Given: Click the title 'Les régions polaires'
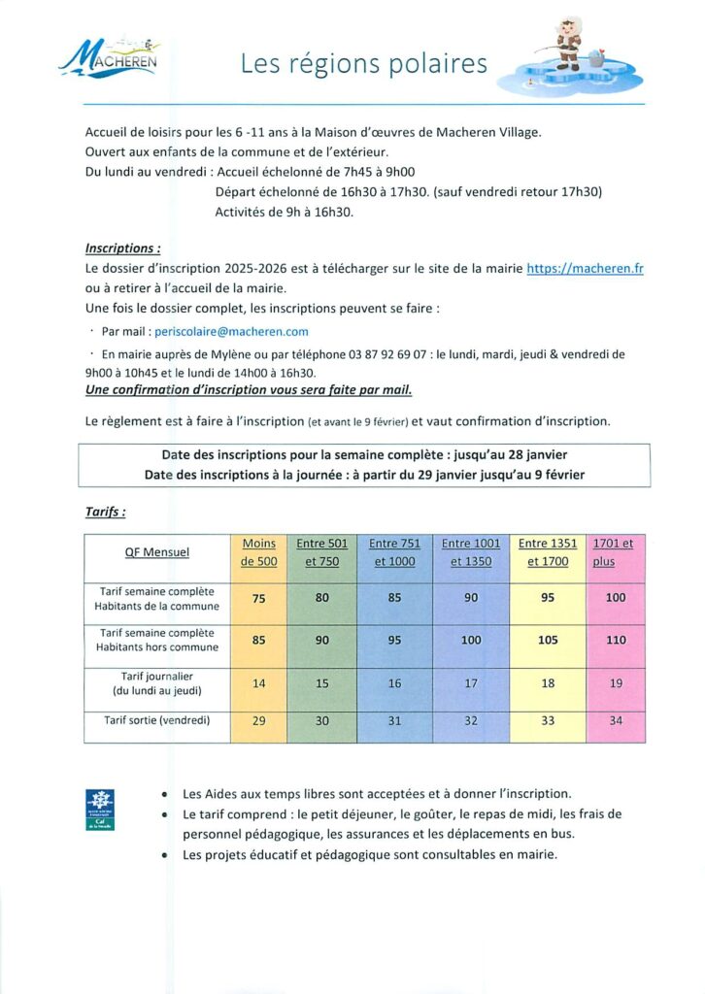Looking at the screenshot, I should pos(364,63).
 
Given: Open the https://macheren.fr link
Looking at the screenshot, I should pos(585,269).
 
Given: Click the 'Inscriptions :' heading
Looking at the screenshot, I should pos(122,248).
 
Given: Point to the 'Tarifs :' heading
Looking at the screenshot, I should pos(105,511).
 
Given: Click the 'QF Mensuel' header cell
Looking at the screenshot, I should pos(156,552).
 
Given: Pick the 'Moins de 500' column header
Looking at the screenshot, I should pos(258,552).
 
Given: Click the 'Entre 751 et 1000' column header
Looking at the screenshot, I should pos(394,552).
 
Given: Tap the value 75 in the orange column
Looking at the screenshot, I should pos(258,599).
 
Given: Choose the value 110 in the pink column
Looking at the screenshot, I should pos(616,641).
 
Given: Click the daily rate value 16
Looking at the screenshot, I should pos(394,683).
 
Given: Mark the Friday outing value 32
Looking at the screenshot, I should pos(471,721).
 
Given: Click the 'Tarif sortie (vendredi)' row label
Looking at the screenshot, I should pos(156,720).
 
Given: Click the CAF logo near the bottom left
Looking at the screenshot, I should pos(100,810).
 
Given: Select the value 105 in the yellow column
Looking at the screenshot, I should pos(547,641).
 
